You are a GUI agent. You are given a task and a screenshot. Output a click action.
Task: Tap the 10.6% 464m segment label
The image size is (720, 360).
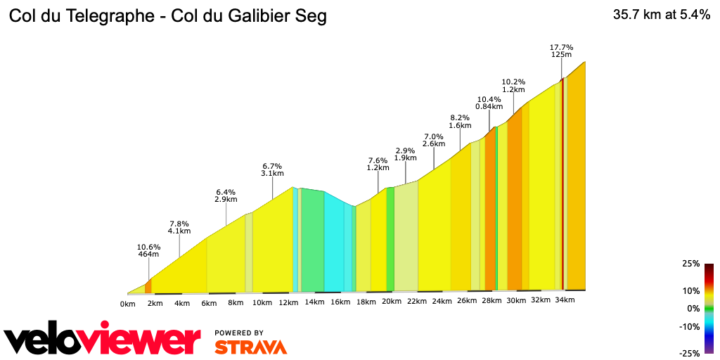[x=148, y=251]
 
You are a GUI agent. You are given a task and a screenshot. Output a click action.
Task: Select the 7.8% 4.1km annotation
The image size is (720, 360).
[x=179, y=227]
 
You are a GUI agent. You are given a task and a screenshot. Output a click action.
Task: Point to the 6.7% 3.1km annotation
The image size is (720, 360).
[x=272, y=169]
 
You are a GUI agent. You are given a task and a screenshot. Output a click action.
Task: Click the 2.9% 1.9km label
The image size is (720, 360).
[x=406, y=154]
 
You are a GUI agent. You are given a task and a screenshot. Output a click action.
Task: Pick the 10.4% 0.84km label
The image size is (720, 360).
[x=489, y=103]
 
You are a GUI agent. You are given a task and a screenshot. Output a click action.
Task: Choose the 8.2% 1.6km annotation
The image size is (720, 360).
[x=460, y=121]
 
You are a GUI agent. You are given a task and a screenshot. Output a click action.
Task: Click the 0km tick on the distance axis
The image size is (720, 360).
[x=127, y=304]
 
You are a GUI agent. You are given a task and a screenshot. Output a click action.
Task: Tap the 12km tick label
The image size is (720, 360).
[x=288, y=302]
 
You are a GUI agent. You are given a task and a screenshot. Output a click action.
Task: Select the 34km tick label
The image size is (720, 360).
[x=565, y=300]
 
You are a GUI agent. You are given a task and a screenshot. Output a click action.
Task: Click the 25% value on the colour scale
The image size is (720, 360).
[x=690, y=264]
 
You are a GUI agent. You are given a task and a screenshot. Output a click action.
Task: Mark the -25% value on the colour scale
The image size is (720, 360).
[x=689, y=354]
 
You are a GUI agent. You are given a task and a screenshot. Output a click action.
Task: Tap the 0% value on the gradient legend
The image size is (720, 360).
[x=693, y=309]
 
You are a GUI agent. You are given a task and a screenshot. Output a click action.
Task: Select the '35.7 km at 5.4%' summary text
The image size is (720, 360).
[x=662, y=15]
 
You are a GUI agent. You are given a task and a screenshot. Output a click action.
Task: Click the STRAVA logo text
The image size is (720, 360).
[x=250, y=347]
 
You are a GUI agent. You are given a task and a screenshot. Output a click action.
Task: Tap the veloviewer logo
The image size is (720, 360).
[x=102, y=340]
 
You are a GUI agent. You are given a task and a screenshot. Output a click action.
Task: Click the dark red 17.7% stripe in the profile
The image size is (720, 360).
[x=562, y=183]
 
